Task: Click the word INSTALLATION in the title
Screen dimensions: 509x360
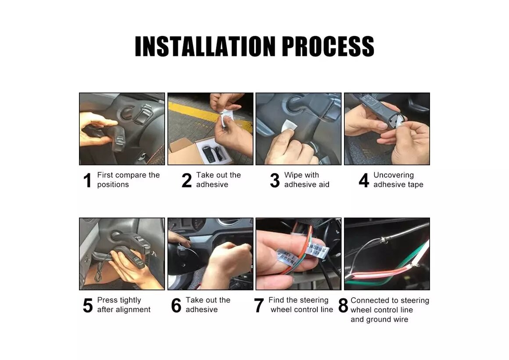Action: pyautogui.click(x=205, y=47)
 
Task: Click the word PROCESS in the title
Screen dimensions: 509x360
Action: pyautogui.click(x=328, y=47)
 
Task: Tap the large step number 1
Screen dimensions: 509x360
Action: pyautogui.click(x=87, y=180)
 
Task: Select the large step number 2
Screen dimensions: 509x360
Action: pyautogui.click(x=186, y=180)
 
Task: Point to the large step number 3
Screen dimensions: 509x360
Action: pyautogui.click(x=275, y=180)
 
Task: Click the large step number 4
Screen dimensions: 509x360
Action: pyautogui.click(x=364, y=180)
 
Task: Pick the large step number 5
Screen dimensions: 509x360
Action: pyautogui.click(x=88, y=306)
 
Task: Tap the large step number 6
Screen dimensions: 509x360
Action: pyautogui.click(x=176, y=306)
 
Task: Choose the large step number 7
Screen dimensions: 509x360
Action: pyautogui.click(x=259, y=306)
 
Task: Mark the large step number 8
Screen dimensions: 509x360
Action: pyautogui.click(x=343, y=306)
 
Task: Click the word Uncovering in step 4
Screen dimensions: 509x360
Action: pyautogui.click(x=394, y=175)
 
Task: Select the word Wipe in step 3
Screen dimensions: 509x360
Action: pyautogui.click(x=293, y=175)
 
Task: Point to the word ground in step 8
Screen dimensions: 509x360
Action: pyautogui.click(x=379, y=320)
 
